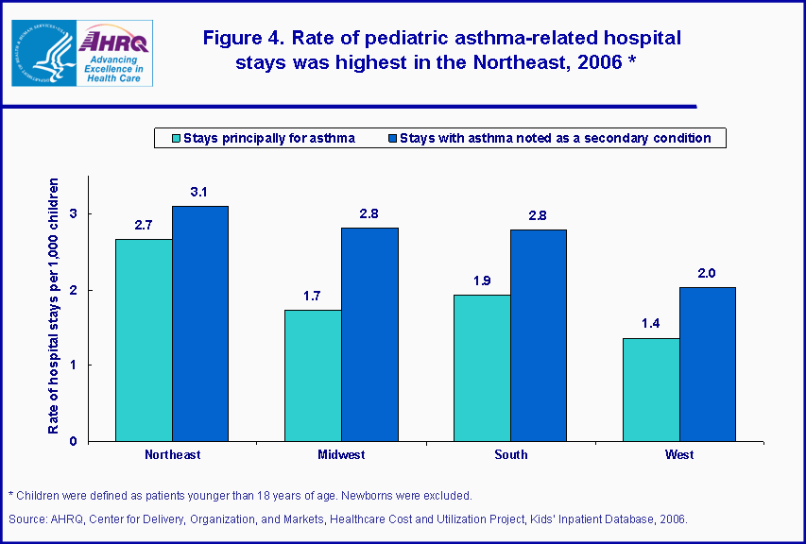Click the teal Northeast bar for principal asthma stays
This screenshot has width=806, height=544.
tap(144, 340)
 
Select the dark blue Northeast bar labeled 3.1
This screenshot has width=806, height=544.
tap(199, 323)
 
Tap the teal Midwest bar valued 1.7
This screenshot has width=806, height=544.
tap(313, 375)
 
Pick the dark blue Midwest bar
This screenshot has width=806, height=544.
tap(369, 334)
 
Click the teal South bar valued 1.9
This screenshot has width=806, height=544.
tap(482, 367)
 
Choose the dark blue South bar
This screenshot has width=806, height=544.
tap(539, 335)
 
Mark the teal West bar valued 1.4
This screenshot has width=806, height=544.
tap(651, 389)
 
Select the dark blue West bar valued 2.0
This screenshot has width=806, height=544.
tap(707, 364)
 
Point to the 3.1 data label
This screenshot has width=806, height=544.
tap(199, 193)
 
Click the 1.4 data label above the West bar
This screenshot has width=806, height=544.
tap(651, 324)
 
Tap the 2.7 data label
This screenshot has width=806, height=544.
tap(144, 226)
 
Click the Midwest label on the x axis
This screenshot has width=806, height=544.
tap(341, 455)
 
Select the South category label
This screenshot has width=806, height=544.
tap(510, 455)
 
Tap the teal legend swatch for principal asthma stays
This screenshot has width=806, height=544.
tap(173, 139)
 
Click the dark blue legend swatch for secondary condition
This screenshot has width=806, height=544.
tap(392, 139)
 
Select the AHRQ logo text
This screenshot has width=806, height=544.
tap(115, 42)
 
